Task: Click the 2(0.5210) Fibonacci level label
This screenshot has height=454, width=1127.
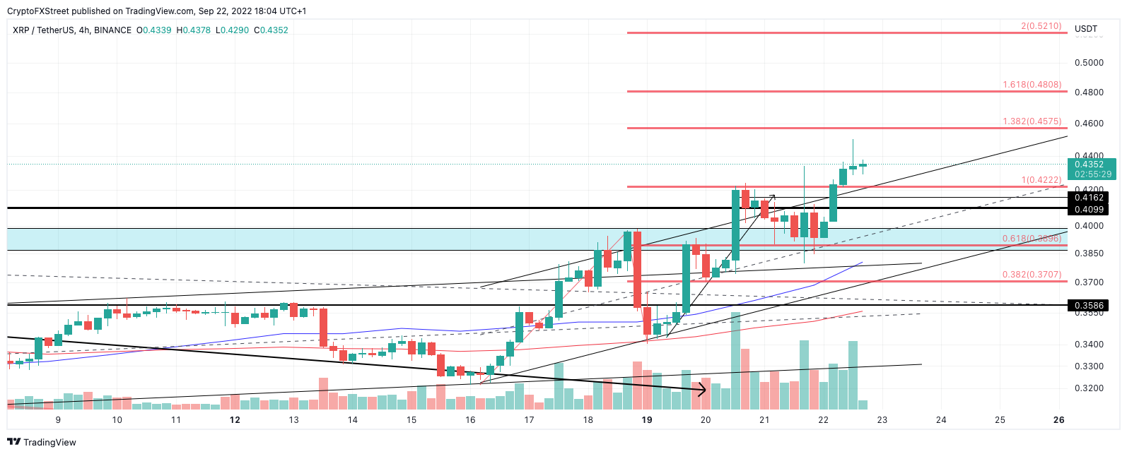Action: [x=1041, y=26]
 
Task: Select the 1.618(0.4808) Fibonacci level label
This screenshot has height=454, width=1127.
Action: [x=1032, y=85]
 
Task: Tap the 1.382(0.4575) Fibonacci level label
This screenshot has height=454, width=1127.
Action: [x=1032, y=121]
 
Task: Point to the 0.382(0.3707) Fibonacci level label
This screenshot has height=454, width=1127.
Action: [x=1032, y=275]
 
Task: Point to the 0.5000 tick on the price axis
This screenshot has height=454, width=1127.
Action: [x=1089, y=63]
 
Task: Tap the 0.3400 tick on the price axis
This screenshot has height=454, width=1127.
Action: [x=1089, y=345]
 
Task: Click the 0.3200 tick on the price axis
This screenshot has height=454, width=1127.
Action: [x=1089, y=388]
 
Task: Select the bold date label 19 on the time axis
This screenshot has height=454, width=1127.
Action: [x=646, y=420]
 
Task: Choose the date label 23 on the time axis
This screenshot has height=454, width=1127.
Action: [x=882, y=420]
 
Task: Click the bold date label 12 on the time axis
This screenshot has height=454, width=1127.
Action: [x=235, y=420]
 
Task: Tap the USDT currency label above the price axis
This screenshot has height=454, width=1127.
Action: [x=1086, y=29]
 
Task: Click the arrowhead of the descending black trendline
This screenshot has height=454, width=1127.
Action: [x=703, y=389]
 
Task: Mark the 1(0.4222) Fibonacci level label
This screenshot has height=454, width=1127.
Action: [x=1041, y=180]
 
